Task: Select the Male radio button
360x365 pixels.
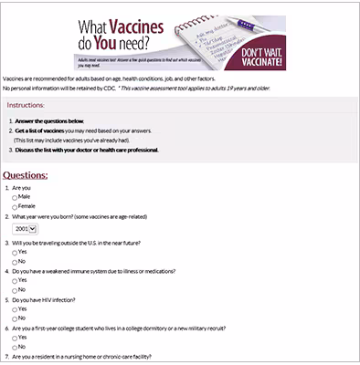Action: [15, 196]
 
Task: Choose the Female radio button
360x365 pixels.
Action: [15, 206]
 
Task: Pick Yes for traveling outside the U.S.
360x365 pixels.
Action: [15, 251]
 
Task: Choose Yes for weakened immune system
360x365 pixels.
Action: [15, 281]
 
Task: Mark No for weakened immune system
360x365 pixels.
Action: [15, 290]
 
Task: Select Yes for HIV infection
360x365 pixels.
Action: [15, 310]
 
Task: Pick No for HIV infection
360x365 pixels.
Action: [15, 319]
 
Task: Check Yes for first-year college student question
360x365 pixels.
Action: [15, 338]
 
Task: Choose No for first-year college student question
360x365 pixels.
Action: [15, 347]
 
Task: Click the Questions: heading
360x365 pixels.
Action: [26, 173]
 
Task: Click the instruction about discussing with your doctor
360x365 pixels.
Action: [77, 149]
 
